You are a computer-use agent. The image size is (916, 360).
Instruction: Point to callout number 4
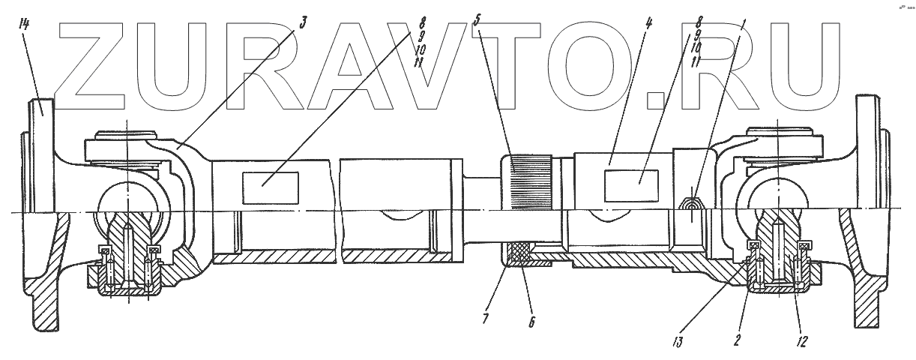click(648, 22)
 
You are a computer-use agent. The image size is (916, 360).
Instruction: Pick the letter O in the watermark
click(600, 64)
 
